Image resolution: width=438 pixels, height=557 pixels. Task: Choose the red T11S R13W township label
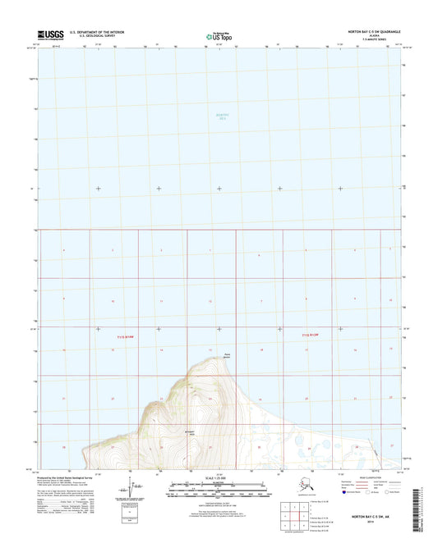317,335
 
